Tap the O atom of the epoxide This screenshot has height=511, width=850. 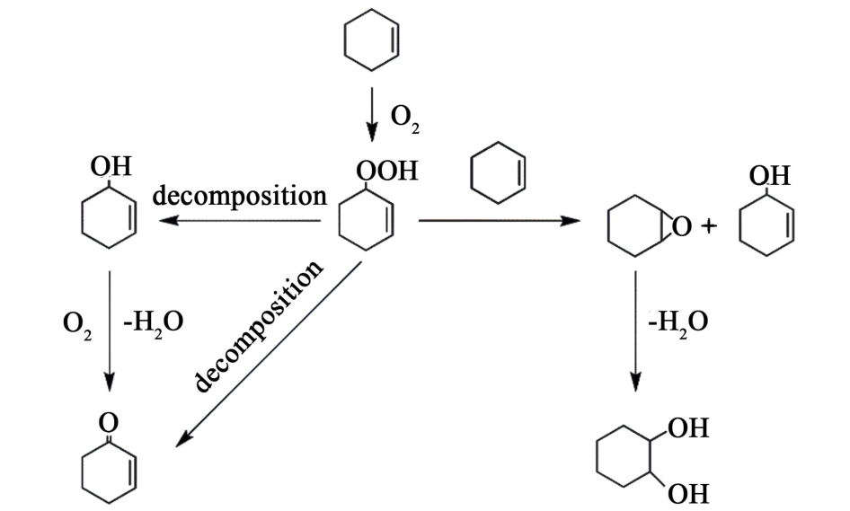coord(682,227)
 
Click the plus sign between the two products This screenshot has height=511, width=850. coord(709,226)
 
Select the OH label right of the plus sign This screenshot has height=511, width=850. coord(770,174)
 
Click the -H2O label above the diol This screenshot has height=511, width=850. coord(677,321)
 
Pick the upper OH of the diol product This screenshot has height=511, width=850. coord(688,428)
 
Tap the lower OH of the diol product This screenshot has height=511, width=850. coord(688,492)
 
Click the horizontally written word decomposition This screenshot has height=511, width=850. coord(239,196)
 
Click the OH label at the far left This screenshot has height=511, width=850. coord(111,166)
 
